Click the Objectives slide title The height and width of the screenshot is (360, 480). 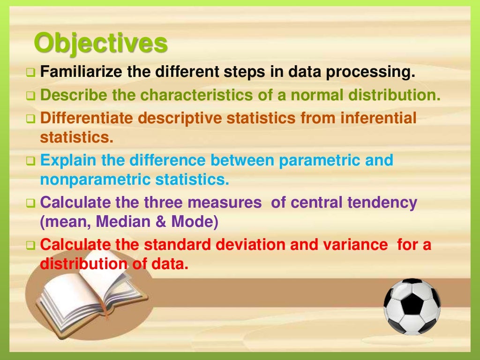coord(101,45)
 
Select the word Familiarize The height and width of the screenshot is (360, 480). coord(80,73)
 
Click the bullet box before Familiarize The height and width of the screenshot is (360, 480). coord(31,74)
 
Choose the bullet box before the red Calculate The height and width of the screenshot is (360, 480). coord(31,245)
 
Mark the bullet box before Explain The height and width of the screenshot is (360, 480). coord(31,161)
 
